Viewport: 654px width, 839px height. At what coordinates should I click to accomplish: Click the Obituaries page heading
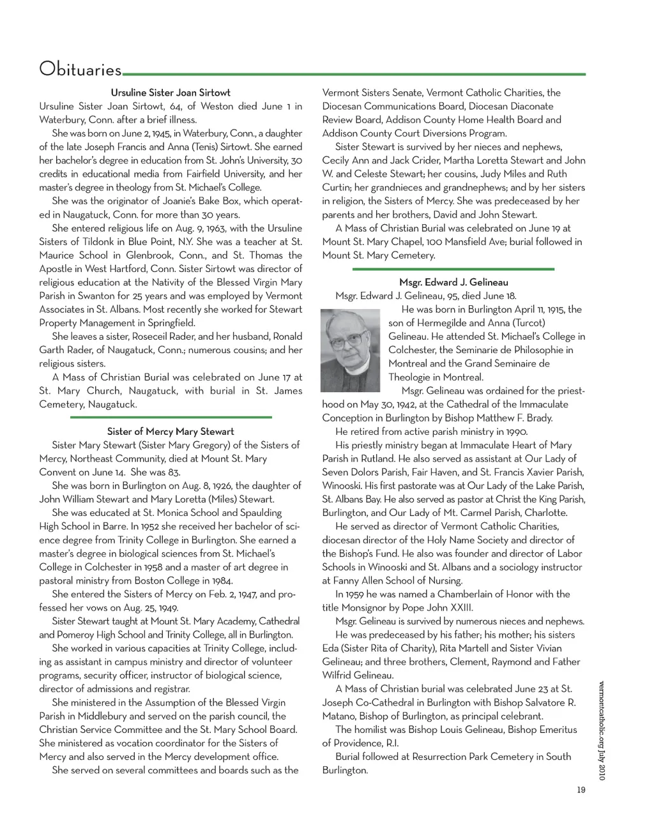[x=80, y=69]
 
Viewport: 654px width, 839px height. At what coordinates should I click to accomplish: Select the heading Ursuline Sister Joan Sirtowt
[x=171, y=93]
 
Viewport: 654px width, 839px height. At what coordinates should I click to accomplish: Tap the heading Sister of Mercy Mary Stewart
[x=171, y=432]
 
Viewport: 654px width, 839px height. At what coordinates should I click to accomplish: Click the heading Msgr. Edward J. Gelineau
[x=453, y=282]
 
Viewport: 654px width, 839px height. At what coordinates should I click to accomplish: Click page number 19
[x=581, y=790]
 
